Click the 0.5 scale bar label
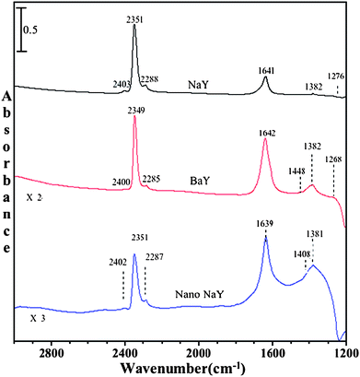(x=30, y=29)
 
